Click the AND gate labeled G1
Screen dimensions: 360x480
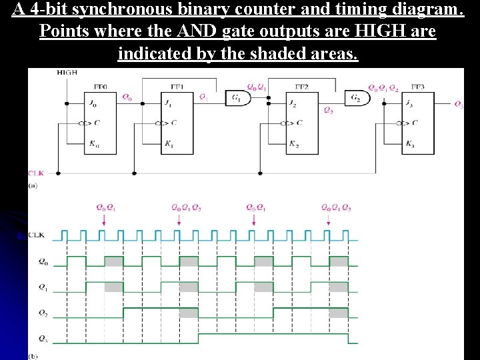click(x=237, y=98)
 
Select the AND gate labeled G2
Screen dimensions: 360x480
click(x=359, y=98)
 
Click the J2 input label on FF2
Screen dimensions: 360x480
click(x=293, y=103)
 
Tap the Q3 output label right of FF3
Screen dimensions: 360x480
click(x=459, y=103)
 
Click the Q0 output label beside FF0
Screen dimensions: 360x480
click(x=127, y=97)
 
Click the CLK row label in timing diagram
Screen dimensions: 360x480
click(x=37, y=235)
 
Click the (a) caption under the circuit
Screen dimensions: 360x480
click(x=33, y=186)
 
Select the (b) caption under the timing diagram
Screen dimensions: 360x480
click(x=33, y=356)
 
